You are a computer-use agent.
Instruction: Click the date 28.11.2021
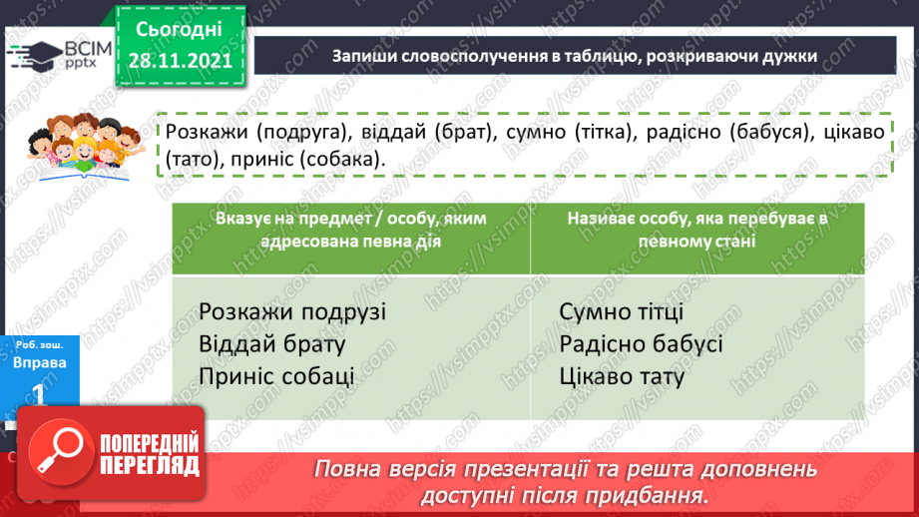[181, 59]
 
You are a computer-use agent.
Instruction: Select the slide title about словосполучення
[576, 57]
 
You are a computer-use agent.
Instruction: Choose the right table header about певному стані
[695, 230]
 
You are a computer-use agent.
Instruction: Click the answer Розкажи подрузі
[291, 311]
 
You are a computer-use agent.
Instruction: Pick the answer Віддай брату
[271, 344]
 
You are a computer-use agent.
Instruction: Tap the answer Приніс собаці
[276, 377]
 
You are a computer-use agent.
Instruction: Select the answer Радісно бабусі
[641, 344]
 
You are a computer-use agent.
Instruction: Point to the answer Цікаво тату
[623, 377]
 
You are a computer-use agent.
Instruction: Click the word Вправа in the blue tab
[40, 362]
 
